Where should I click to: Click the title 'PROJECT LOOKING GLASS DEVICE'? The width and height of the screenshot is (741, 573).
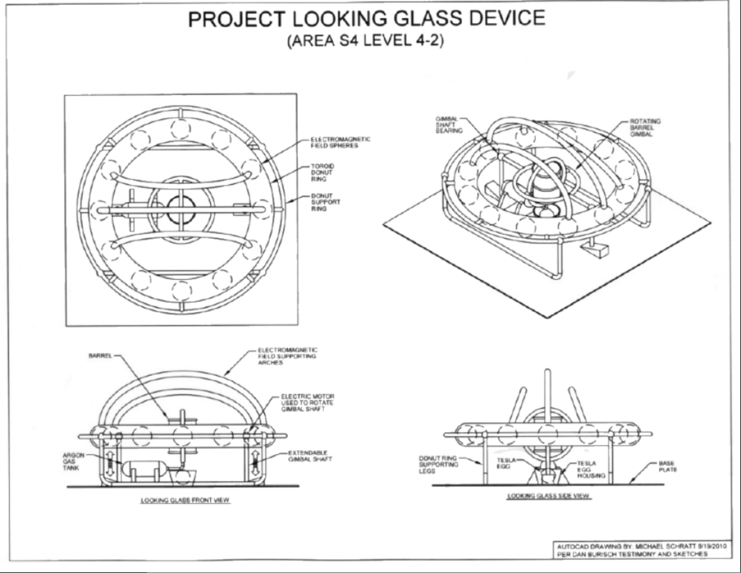(x=366, y=19)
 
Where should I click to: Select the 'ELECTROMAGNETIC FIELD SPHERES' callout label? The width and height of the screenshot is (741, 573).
(x=340, y=142)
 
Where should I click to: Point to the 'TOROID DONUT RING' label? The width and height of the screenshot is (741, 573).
(x=322, y=173)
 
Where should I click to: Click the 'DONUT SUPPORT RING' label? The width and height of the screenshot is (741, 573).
(x=325, y=202)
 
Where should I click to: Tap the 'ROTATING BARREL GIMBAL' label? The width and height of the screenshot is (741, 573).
(x=645, y=127)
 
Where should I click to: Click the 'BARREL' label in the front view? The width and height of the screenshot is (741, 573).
(x=100, y=356)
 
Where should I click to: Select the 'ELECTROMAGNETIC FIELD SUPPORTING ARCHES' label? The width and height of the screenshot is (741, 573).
(x=287, y=356)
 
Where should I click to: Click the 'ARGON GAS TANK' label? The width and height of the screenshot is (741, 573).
(x=71, y=461)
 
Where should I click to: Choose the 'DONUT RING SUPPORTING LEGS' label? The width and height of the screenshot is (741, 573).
(x=438, y=465)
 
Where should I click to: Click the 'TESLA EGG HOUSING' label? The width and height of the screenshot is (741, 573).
(x=590, y=469)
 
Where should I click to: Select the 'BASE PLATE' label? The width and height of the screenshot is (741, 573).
(x=667, y=466)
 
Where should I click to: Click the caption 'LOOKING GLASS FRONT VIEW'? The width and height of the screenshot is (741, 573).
(x=185, y=500)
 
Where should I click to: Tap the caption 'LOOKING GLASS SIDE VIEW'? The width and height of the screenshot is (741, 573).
(x=549, y=496)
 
